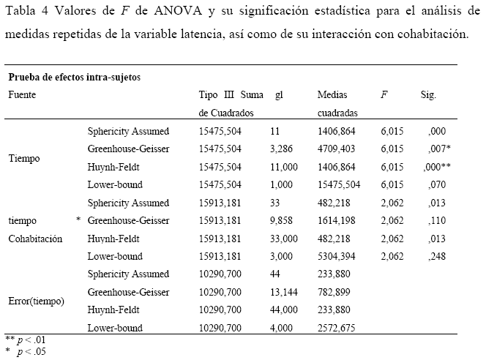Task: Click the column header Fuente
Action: click(x=22, y=95)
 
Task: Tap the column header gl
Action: click(x=279, y=95)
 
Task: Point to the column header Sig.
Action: click(x=429, y=95)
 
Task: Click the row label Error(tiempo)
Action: click(x=37, y=301)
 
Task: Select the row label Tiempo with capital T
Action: click(x=23, y=158)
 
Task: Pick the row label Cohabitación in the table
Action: click(x=35, y=239)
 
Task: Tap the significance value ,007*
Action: click(x=438, y=149)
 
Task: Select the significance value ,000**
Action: click(x=438, y=167)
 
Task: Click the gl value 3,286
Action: click(x=283, y=149)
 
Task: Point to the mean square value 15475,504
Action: click(x=339, y=184)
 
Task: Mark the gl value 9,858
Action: click(x=283, y=220)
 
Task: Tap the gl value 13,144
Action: click(x=285, y=292)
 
